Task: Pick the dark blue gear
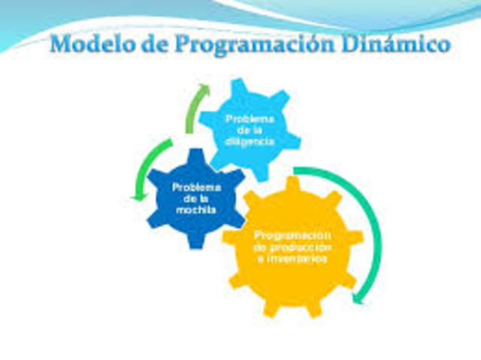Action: [x=194, y=197]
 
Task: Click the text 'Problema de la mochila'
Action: [x=196, y=198]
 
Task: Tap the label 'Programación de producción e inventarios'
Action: [x=293, y=247]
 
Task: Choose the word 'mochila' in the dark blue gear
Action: [x=196, y=210]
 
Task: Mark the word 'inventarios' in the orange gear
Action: [x=293, y=259]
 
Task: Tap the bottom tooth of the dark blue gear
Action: [x=194, y=242]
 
